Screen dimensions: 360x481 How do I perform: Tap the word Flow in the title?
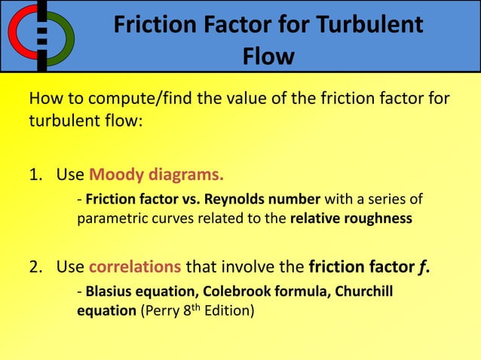tap(268, 56)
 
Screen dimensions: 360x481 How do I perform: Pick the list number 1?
tap(35, 176)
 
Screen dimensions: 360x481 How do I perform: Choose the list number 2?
tap(35, 266)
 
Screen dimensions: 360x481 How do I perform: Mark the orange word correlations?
tap(135, 266)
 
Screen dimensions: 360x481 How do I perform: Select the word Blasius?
tap(111, 290)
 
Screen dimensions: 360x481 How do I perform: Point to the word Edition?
tap(228, 310)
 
